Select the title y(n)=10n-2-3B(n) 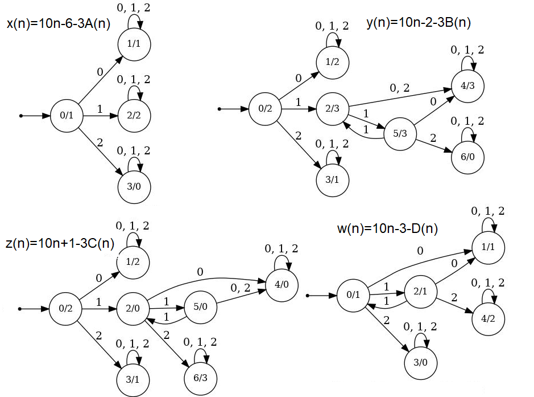[419, 23]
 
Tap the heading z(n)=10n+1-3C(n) [60, 243]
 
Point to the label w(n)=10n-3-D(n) [387, 229]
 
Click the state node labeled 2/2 [134, 116]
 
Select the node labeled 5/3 [400, 133]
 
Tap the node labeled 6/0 [467, 156]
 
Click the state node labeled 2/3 [333, 108]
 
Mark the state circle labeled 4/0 [281, 285]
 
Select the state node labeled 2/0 [133, 309]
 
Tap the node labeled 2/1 [420, 292]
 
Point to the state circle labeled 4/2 [489, 318]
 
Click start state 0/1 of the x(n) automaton [67, 116]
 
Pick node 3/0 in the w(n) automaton [420, 362]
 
